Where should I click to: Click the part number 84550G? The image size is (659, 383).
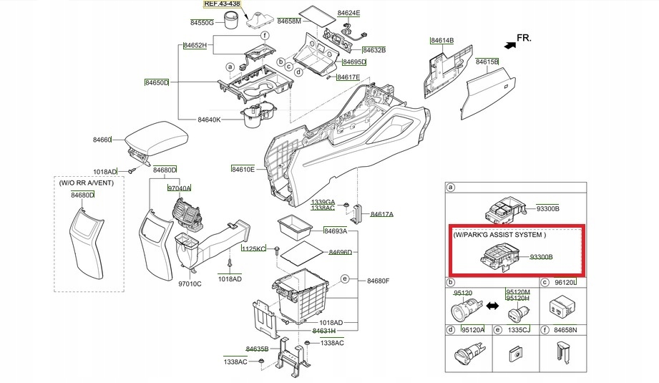pyautogui.click(x=202, y=23)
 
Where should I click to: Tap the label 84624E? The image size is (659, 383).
pyautogui.click(x=348, y=14)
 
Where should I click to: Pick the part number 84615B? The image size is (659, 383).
pyautogui.click(x=487, y=62)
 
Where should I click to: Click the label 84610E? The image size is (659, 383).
pyautogui.click(x=243, y=169)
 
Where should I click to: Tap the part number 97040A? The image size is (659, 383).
pyautogui.click(x=179, y=188)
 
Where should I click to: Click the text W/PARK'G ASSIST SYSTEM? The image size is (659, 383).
pyautogui.click(x=499, y=234)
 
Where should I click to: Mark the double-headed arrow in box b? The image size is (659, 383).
pyautogui.click(x=492, y=306)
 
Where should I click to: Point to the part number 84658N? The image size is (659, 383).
pyautogui.click(x=563, y=330)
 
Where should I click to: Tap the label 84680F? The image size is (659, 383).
pyautogui.click(x=378, y=281)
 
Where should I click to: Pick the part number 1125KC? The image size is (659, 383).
pyautogui.click(x=253, y=248)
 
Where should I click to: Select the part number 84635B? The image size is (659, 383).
pyautogui.click(x=257, y=349)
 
